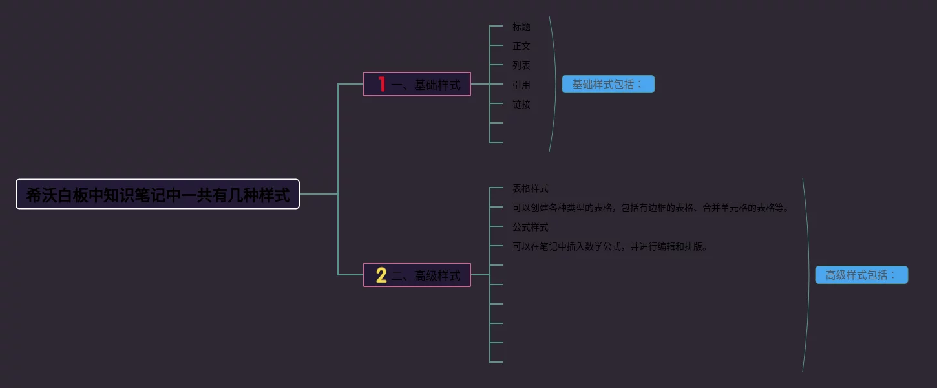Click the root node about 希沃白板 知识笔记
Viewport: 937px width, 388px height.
(x=158, y=194)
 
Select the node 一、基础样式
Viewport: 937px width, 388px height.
(x=426, y=85)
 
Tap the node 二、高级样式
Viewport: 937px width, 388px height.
(x=426, y=275)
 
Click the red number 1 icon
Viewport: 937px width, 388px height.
(x=381, y=84)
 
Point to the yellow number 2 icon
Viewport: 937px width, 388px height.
(x=381, y=275)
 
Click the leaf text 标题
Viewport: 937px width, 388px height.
(x=521, y=27)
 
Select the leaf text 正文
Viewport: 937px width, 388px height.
(x=521, y=46)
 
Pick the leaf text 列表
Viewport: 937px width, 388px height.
(x=521, y=65)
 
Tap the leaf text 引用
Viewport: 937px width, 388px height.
(x=521, y=85)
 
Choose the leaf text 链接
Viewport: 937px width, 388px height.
(x=521, y=104)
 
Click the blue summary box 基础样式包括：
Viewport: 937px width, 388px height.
(x=608, y=84)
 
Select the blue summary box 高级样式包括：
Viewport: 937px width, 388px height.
(x=861, y=275)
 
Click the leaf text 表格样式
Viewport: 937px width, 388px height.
(x=531, y=188)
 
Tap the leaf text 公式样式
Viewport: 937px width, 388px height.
(x=531, y=227)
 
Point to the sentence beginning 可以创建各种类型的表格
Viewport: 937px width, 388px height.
(x=651, y=208)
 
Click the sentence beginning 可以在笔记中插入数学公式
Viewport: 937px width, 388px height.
(x=610, y=246)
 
